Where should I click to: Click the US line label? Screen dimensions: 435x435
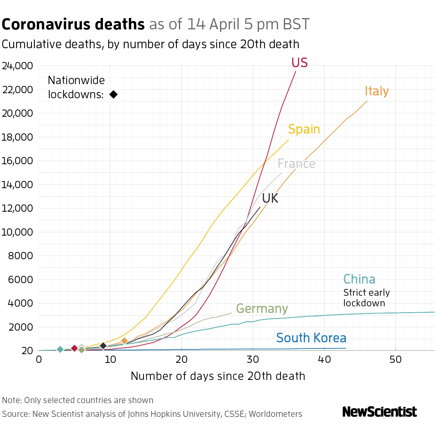pyautogui.click(x=299, y=63)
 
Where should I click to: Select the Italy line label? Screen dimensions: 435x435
pyautogui.click(x=377, y=91)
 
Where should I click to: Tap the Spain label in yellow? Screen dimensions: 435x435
pyautogui.click(x=304, y=129)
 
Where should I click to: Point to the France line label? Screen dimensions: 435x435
pyautogui.click(x=296, y=164)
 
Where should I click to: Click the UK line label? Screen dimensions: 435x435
pyautogui.click(x=270, y=198)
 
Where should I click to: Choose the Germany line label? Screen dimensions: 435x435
pyautogui.click(x=262, y=309)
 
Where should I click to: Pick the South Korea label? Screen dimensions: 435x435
pyautogui.click(x=311, y=338)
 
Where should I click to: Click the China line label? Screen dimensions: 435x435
pyautogui.click(x=359, y=279)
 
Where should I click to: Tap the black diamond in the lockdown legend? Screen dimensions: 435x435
pyautogui.click(x=113, y=95)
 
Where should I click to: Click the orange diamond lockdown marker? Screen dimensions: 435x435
pyautogui.click(x=124, y=341)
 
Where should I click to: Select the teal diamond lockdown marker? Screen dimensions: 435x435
pyautogui.click(x=60, y=349)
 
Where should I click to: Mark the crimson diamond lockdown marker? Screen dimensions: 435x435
pyautogui.click(x=74, y=348)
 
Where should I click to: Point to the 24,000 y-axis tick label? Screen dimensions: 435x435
pyautogui.click(x=17, y=66)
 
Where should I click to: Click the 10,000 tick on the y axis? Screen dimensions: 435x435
pyautogui.click(x=17, y=232)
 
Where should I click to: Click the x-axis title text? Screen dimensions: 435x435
pyautogui.click(x=218, y=376)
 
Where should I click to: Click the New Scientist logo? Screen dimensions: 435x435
pyautogui.click(x=379, y=412)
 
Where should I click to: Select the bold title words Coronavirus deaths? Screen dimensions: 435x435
pyautogui.click(x=73, y=25)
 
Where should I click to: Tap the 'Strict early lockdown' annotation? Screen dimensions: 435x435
pyautogui.click(x=366, y=298)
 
